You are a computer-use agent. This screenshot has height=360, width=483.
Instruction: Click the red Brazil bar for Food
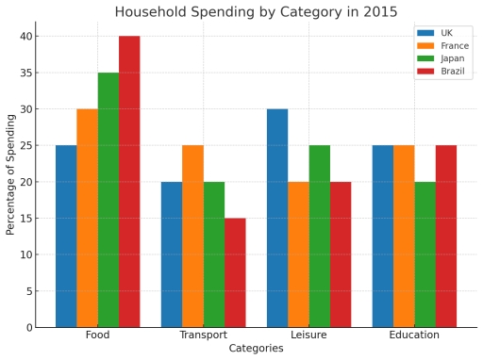click(129, 182)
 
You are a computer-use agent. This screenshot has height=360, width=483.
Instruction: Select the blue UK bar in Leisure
click(276, 219)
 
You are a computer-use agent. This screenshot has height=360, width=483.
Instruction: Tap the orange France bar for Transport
click(192, 237)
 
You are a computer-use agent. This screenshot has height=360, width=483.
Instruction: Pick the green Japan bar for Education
click(425, 254)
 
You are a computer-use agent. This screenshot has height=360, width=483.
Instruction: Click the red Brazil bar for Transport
click(235, 273)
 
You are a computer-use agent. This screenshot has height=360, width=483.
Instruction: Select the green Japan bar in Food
click(108, 200)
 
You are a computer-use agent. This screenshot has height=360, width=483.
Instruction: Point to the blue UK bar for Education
click(382, 237)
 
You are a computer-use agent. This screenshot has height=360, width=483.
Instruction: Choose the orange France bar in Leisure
click(298, 254)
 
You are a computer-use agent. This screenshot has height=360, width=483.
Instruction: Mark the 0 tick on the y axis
click(28, 328)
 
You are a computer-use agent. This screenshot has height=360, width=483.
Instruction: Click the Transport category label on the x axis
click(203, 335)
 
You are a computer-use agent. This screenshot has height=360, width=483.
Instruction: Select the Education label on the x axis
click(414, 335)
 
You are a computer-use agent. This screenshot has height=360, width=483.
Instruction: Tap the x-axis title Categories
click(256, 349)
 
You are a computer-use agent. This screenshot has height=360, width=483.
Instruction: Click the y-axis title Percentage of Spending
click(10, 173)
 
